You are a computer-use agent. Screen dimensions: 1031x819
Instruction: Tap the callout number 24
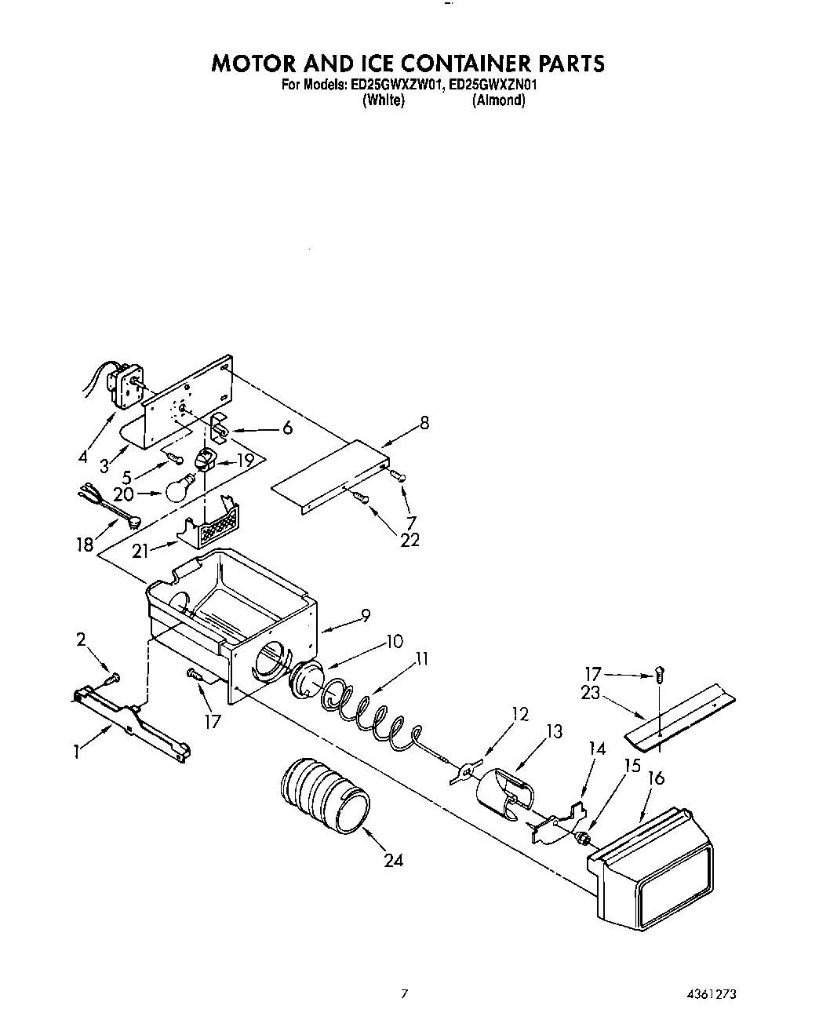point(393,860)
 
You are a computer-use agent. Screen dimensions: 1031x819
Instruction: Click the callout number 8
point(424,424)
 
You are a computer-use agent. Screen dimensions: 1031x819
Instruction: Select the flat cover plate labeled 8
point(329,479)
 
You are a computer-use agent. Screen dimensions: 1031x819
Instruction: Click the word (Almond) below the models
point(498,100)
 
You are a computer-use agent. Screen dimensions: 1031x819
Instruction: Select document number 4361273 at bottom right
point(709,994)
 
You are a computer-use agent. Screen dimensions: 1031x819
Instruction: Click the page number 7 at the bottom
point(405,994)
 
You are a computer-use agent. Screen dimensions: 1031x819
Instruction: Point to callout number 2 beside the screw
point(81,639)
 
